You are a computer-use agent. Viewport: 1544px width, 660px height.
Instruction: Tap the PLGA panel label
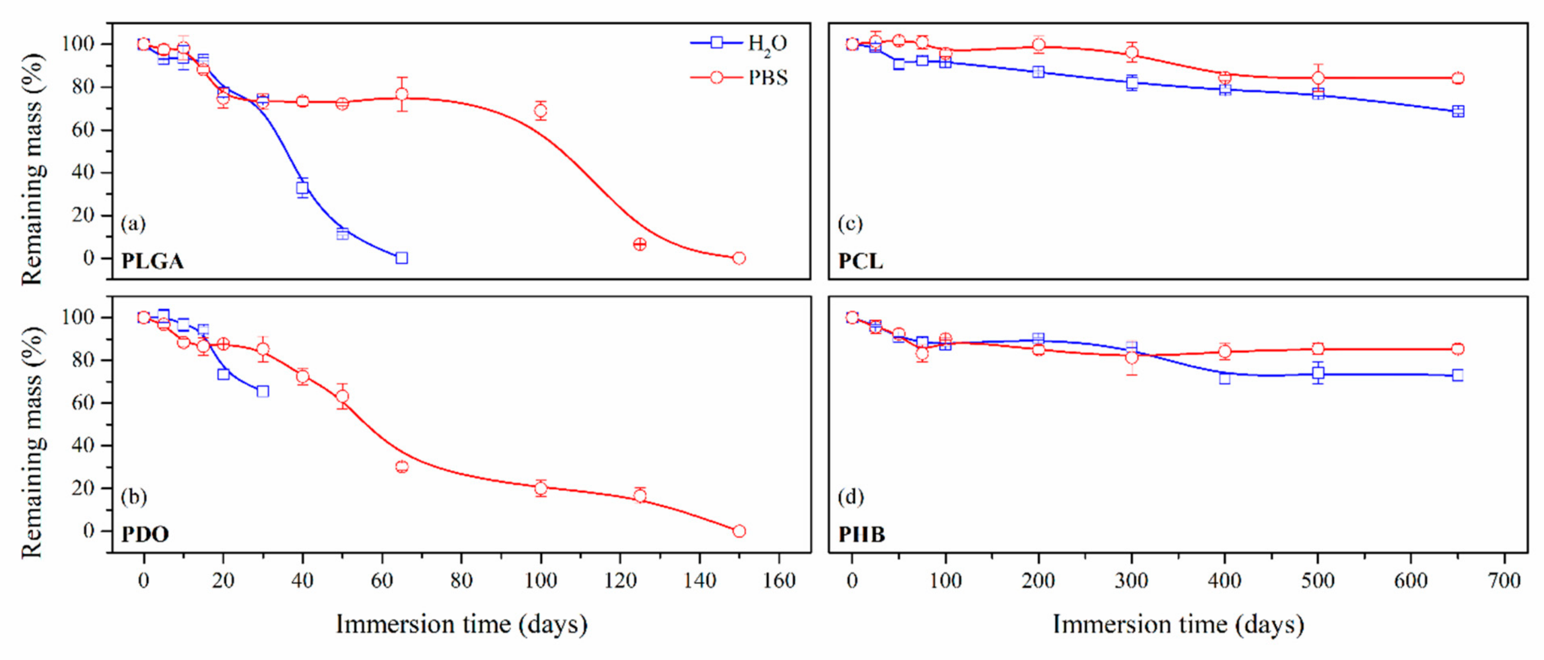(x=152, y=261)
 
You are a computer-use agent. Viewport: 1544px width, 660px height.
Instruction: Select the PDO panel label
(x=145, y=534)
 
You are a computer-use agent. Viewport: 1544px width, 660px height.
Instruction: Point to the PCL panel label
(x=860, y=261)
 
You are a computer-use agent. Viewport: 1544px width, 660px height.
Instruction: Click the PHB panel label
(x=861, y=534)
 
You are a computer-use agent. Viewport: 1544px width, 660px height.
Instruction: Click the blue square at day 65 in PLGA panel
(x=402, y=258)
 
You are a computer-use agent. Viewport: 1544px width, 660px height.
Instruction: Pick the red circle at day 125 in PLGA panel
(x=640, y=244)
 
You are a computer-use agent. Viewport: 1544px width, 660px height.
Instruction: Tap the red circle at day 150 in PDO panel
(x=739, y=531)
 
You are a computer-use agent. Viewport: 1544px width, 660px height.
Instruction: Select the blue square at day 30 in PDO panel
(x=262, y=391)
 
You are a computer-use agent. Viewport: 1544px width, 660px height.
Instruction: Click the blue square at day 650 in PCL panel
(x=1458, y=111)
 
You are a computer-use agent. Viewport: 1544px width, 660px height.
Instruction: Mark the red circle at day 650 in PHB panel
(x=1458, y=349)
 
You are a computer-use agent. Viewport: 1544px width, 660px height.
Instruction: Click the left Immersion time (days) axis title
(x=461, y=624)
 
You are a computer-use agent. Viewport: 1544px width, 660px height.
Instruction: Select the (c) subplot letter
(x=850, y=224)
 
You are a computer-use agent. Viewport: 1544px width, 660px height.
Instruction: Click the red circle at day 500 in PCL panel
(x=1318, y=78)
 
